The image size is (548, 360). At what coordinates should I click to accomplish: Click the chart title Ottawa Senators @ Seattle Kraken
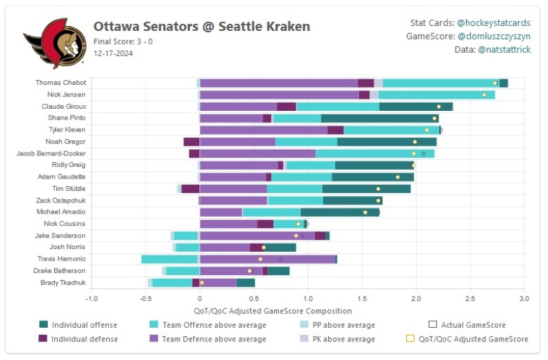pyautogui.click(x=201, y=27)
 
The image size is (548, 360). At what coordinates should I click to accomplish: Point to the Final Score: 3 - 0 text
pyautogui.click(x=123, y=41)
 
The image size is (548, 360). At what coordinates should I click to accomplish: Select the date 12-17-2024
pyautogui.click(x=114, y=53)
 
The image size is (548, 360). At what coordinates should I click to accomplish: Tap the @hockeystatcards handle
pyautogui.click(x=493, y=23)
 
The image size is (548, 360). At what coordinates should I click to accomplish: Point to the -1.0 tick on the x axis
pyautogui.click(x=91, y=299)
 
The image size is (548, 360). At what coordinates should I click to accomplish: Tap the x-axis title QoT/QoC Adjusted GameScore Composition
pyautogui.click(x=308, y=309)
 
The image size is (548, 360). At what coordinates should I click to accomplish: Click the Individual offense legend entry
pyautogui.click(x=84, y=325)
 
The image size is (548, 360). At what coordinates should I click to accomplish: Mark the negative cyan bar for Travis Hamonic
pyautogui.click(x=169, y=259)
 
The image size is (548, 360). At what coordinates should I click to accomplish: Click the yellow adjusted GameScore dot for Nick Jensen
pyautogui.click(x=484, y=94)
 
